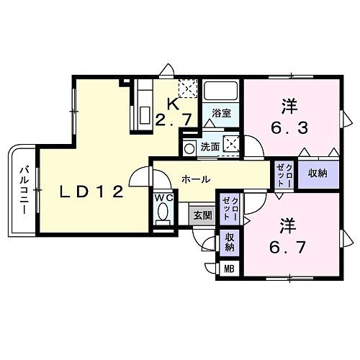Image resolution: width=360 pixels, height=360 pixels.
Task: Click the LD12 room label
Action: [x=91, y=192]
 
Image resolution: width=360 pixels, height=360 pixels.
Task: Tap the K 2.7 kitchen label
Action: [x=174, y=112]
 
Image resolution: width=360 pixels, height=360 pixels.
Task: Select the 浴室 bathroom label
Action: [x=221, y=113]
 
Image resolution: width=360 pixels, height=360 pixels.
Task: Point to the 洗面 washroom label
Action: [x=210, y=147]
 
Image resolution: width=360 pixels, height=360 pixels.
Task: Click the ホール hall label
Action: [x=196, y=179]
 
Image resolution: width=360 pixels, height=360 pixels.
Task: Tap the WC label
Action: [x=164, y=198]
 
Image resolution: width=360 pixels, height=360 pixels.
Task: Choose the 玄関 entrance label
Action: [x=203, y=216]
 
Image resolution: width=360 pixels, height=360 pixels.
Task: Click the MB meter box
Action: [x=229, y=269]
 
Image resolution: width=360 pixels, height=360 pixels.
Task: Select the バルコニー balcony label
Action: [x=24, y=190]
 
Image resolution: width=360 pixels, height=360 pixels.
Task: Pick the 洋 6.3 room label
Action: [x=289, y=117]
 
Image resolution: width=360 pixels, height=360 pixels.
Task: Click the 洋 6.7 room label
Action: [x=287, y=236]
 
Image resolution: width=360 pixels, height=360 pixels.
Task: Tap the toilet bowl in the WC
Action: [x=163, y=211]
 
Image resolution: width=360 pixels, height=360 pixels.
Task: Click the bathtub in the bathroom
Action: [x=220, y=91]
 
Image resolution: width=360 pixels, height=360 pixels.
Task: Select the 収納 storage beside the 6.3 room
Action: [x=318, y=174]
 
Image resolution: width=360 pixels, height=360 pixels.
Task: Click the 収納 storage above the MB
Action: [x=230, y=243]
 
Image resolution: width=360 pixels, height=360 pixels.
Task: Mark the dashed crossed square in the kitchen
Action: [x=188, y=89]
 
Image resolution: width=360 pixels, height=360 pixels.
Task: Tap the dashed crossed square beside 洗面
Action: [x=231, y=144]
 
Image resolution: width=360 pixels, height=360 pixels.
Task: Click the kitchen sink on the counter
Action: [x=145, y=114]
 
